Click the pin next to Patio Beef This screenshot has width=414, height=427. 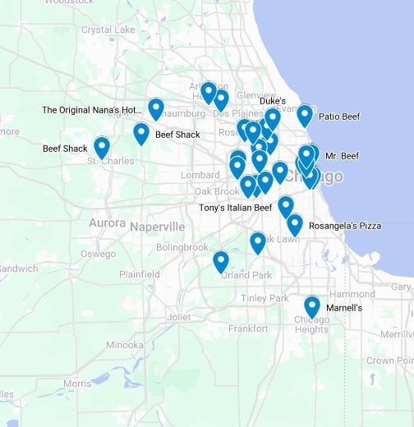pyautogui.click(x=305, y=115)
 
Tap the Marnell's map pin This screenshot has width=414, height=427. pyautogui.click(x=312, y=306)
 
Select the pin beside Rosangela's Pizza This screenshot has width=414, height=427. pyautogui.click(x=295, y=224)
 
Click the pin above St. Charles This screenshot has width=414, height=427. pyautogui.click(x=102, y=148)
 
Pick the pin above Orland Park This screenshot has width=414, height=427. pyautogui.click(x=221, y=261)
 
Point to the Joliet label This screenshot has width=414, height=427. pyautogui.click(x=178, y=316)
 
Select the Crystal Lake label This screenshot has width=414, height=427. pyautogui.click(x=108, y=30)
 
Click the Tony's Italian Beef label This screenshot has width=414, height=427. pyautogui.click(x=235, y=208)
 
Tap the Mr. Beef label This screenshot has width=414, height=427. pyautogui.click(x=342, y=156)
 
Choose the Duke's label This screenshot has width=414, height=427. pyautogui.click(x=273, y=101)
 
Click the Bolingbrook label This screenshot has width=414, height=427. pyautogui.click(x=182, y=247)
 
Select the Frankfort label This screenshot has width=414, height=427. pyautogui.click(x=248, y=328)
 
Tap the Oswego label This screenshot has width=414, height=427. pyautogui.click(x=99, y=254)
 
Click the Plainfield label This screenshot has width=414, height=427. pyautogui.click(x=139, y=274)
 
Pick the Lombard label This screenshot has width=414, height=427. pyautogui.click(x=200, y=175)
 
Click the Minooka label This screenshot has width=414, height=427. pyautogui.click(x=125, y=345)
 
